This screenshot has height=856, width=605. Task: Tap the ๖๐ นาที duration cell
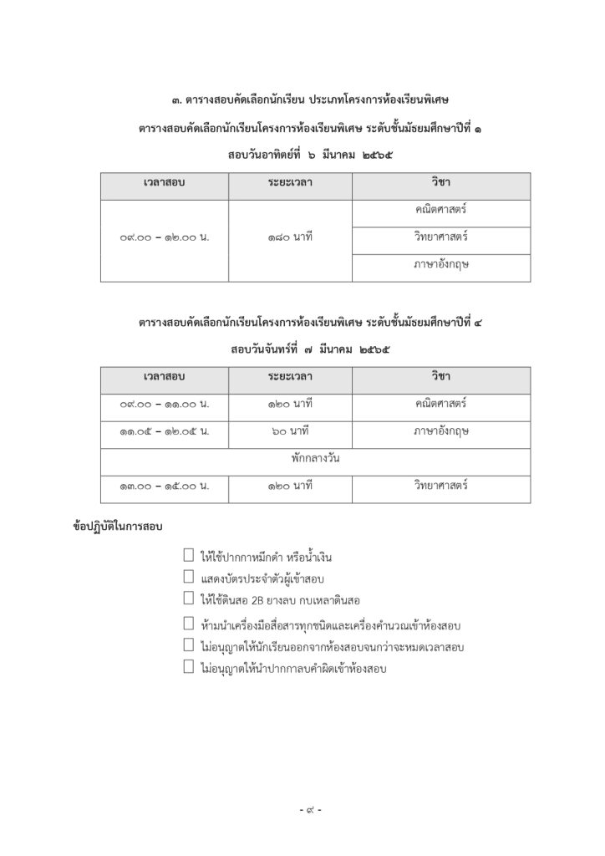coord(290,431)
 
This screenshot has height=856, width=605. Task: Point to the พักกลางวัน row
coord(315,459)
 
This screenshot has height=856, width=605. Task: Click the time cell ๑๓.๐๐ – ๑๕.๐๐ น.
coord(165,486)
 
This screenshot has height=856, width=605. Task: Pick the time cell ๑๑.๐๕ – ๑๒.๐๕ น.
coord(165,431)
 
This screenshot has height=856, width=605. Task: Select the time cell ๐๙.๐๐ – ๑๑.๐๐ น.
coord(165,404)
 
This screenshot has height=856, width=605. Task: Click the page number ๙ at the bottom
coord(310,810)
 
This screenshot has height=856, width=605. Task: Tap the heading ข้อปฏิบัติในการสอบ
coord(118,527)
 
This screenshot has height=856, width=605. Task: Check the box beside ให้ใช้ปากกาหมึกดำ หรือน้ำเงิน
coord(189,556)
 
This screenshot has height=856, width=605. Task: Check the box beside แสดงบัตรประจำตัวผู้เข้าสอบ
coord(189,577)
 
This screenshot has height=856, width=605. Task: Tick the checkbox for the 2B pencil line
coord(189,598)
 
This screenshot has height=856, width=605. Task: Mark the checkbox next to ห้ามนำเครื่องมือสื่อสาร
coord(189,624)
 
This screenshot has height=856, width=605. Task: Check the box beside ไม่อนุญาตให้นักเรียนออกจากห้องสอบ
coord(189,645)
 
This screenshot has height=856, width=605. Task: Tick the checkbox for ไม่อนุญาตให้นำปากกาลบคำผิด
coord(189,667)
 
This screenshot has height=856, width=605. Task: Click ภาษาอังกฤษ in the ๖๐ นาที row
coord(440,431)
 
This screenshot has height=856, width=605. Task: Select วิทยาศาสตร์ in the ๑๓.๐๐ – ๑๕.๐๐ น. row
coord(440,486)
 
